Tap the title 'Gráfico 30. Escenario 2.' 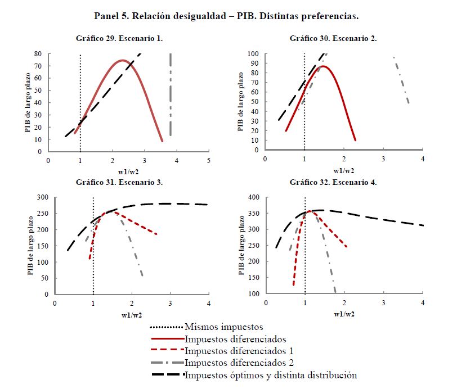pyautogui.click(x=333, y=39)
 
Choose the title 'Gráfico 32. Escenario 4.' pyautogui.click(x=333, y=183)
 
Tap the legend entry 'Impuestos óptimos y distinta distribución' pyautogui.click(x=271, y=375)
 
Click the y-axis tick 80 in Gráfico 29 pyautogui.click(x=38, y=55)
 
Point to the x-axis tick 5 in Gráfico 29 pyautogui.click(x=209, y=160)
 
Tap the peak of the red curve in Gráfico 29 pyautogui.click(x=123, y=60)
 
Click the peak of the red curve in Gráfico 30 pyautogui.click(x=324, y=66)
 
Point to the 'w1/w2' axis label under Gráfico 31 pyautogui.click(x=131, y=314)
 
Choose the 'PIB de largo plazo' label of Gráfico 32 pyautogui.click(x=242, y=245)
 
